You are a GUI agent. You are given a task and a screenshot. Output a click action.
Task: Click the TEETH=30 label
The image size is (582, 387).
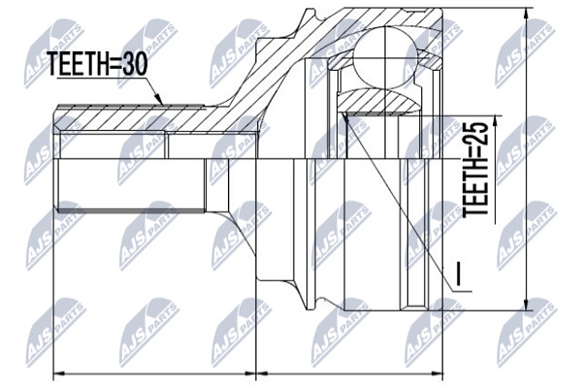click(98, 64)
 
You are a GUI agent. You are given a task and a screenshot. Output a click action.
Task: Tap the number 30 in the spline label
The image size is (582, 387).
click(135, 64)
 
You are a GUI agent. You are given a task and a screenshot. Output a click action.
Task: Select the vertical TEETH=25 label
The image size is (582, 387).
click(475, 169)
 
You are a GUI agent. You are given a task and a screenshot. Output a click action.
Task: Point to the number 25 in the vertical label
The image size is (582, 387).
click(475, 134)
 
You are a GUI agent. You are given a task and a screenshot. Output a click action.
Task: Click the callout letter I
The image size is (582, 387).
click(459, 274)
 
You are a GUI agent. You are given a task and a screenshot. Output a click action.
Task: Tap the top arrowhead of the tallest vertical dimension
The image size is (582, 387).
click(526, 16)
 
